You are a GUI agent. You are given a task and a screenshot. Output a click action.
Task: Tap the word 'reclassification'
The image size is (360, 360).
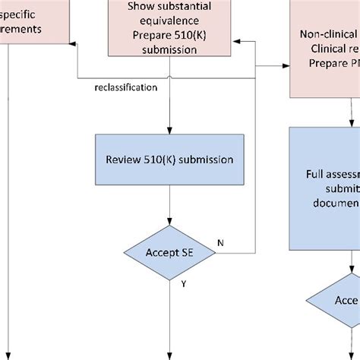(x=125, y=87)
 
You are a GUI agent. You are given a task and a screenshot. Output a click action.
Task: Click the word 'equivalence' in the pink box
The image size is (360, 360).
(x=169, y=21)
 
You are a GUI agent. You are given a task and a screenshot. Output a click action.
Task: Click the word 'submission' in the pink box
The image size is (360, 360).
(x=169, y=49)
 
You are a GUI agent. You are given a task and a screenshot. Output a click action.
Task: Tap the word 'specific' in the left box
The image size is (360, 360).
(x=23, y=14)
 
